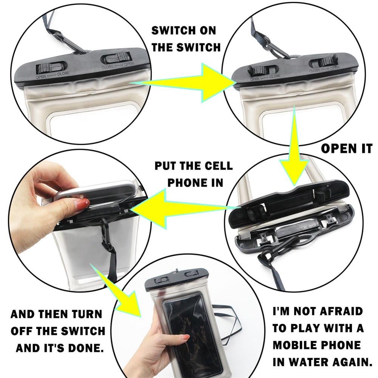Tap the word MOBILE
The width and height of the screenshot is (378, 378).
[299, 345]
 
